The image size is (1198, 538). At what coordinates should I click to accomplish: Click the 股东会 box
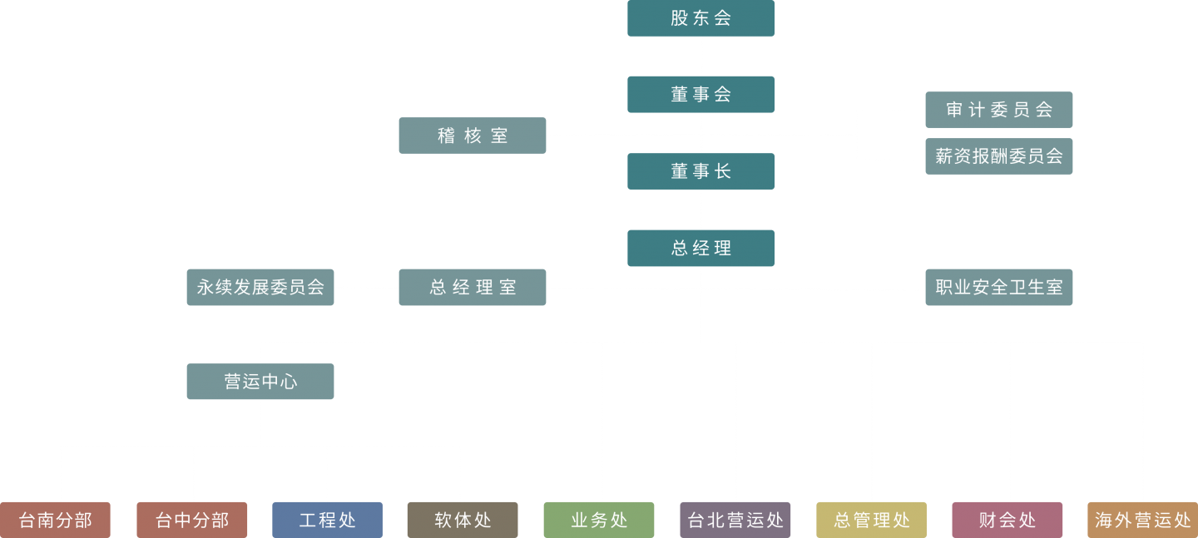tap(700, 18)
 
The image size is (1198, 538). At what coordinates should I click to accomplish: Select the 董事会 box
tap(700, 95)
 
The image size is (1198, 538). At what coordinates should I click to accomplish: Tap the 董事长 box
tap(700, 171)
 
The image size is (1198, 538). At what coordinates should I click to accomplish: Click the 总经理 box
tap(700, 248)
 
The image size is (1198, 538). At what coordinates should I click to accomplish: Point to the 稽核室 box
tap(473, 136)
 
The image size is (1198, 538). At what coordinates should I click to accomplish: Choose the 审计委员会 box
tap(998, 110)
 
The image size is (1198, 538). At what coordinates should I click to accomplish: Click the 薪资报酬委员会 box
tap(998, 156)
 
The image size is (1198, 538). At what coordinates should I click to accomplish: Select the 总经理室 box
tap(473, 287)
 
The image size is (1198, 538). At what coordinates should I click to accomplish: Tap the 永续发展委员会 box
tap(260, 287)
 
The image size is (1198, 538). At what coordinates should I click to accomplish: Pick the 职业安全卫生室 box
tap(998, 287)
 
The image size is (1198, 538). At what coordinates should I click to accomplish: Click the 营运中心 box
tap(260, 382)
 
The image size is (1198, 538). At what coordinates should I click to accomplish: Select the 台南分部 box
tap(55, 520)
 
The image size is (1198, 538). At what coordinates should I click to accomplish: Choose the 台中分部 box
tap(192, 520)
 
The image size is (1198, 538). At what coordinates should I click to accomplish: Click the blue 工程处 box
tap(327, 520)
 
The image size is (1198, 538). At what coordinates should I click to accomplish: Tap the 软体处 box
tap(463, 520)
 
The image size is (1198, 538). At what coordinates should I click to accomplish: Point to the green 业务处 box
tap(599, 520)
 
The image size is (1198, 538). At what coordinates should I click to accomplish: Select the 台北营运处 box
tap(735, 520)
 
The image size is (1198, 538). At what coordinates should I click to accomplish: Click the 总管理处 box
tap(871, 520)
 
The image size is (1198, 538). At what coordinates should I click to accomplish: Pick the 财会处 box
tap(1007, 520)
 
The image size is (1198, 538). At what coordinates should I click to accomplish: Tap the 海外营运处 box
tap(1143, 520)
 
